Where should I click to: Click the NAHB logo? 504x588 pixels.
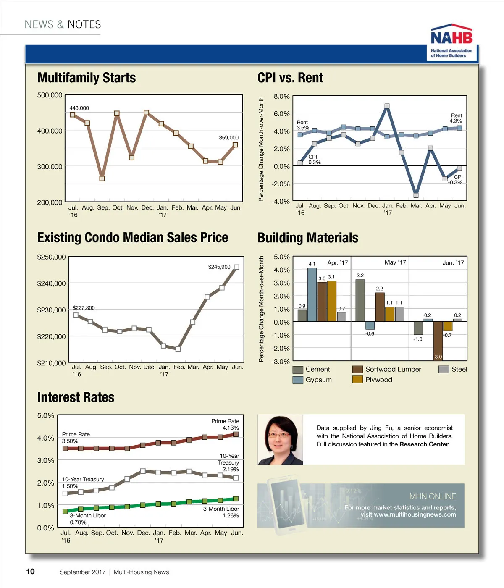[x=452, y=41]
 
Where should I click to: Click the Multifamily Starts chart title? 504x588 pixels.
[x=87, y=78]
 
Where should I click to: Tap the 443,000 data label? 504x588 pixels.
[x=79, y=108]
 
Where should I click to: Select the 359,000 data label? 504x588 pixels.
[x=228, y=137]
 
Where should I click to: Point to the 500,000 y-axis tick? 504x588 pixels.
[x=50, y=95]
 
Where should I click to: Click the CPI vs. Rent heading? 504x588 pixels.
[x=290, y=78]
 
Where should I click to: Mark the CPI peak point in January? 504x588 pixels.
[x=387, y=106]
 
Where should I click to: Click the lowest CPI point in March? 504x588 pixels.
[x=416, y=195]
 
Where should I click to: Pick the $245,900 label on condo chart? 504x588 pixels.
[x=219, y=267]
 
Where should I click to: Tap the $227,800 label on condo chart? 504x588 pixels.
[x=84, y=308]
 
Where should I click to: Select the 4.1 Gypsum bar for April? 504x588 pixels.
[x=312, y=294]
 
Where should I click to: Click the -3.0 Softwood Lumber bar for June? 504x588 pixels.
[x=438, y=341]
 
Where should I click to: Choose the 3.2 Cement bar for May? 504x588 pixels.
[x=360, y=300]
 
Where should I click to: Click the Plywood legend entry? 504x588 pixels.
[x=373, y=380]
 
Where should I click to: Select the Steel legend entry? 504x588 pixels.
[x=453, y=369]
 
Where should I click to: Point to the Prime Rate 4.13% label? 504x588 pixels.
[x=226, y=424]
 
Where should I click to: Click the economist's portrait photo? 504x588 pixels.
[x=280, y=439]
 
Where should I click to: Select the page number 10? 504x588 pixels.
[x=30, y=571]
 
